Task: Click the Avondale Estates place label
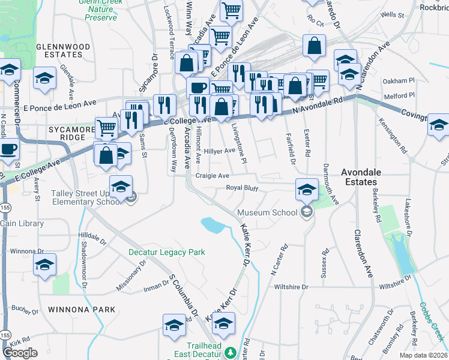pos(358,176)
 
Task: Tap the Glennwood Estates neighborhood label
pos(63,51)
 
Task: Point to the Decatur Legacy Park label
pos(167,252)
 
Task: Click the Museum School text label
pos(267,212)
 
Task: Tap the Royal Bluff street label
pos(242,188)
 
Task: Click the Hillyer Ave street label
pos(220,151)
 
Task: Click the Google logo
pos(20,353)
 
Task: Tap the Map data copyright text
pos(424,355)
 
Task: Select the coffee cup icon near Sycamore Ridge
pos(7,148)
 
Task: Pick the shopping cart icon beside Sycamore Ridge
pos(106,127)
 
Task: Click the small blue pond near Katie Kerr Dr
pos(213,225)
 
